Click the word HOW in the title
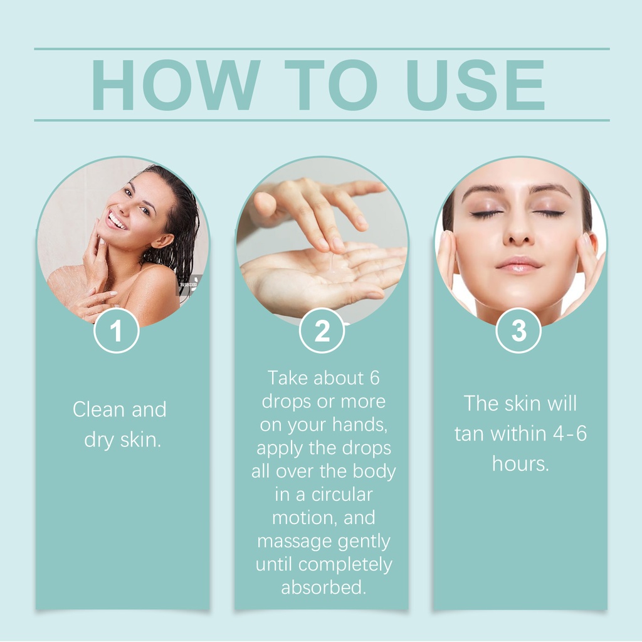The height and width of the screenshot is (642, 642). [x=176, y=85]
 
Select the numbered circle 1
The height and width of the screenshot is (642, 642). [x=117, y=330]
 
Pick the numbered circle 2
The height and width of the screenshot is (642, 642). [x=322, y=330]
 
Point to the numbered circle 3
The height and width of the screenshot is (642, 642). [x=518, y=330]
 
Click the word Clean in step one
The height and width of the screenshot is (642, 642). [x=98, y=409]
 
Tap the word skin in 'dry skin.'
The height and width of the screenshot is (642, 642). [x=140, y=439]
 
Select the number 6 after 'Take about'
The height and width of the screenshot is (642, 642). [x=374, y=378]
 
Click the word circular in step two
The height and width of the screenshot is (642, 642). [x=342, y=495]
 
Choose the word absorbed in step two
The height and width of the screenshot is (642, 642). [x=323, y=587]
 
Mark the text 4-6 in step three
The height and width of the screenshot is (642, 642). [x=571, y=434]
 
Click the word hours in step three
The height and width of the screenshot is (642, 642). [x=520, y=463]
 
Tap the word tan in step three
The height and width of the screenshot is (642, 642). [x=470, y=434]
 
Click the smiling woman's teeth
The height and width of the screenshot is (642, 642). [x=117, y=221]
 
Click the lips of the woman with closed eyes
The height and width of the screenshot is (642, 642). [x=518, y=265]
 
